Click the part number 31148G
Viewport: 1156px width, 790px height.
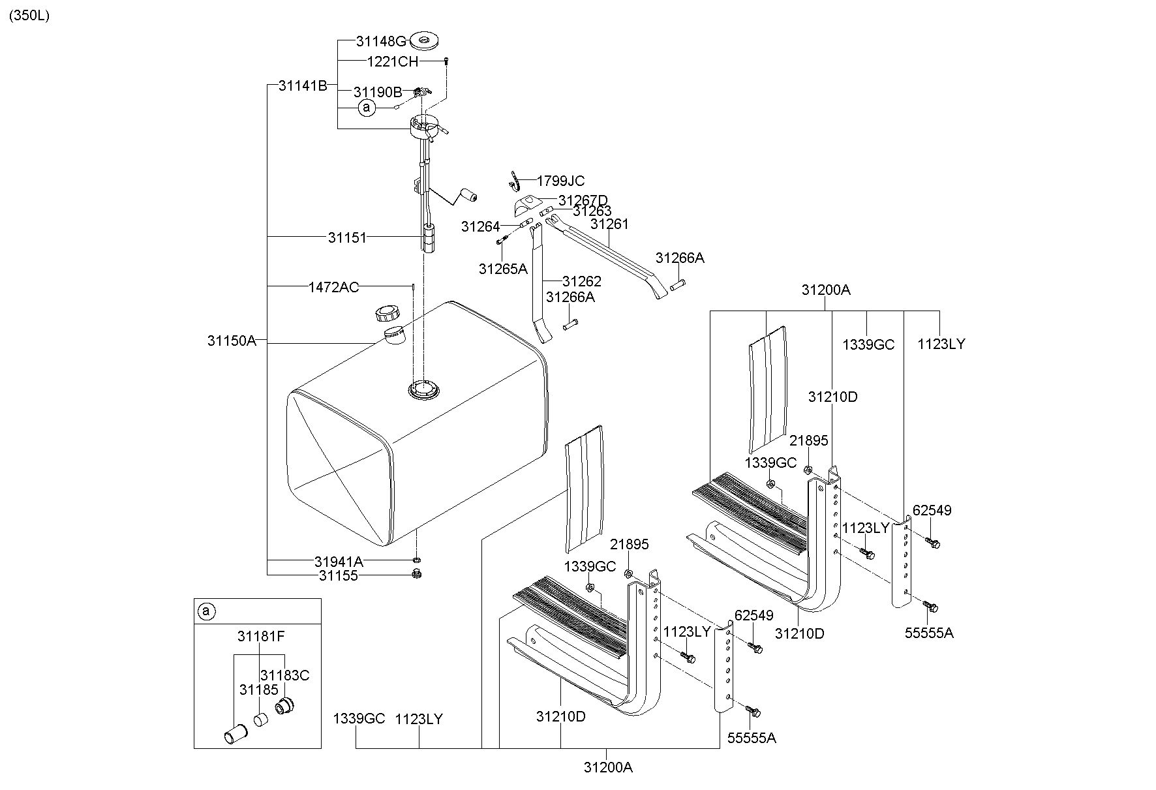(x=382, y=42)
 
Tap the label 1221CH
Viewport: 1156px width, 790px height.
(x=392, y=62)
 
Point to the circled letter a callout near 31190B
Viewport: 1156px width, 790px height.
(x=367, y=107)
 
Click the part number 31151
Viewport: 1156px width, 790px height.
(x=347, y=238)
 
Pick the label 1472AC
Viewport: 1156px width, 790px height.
(x=333, y=287)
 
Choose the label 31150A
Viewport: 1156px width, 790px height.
(x=232, y=341)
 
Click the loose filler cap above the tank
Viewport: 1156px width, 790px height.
(x=387, y=314)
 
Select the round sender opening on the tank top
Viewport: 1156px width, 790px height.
(x=424, y=390)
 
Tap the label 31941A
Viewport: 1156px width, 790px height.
(x=339, y=562)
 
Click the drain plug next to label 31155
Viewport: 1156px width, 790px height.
(x=416, y=574)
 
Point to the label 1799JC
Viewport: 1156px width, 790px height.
(x=560, y=181)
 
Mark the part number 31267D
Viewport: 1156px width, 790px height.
(x=583, y=200)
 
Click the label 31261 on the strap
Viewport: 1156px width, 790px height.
(x=609, y=224)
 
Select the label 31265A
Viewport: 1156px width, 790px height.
(x=503, y=269)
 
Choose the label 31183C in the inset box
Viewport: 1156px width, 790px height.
(x=284, y=675)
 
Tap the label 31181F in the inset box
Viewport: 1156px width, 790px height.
(x=261, y=637)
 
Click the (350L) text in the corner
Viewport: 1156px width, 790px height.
(x=29, y=16)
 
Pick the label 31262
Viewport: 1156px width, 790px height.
(x=582, y=282)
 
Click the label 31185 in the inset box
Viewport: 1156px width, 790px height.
(x=258, y=690)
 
